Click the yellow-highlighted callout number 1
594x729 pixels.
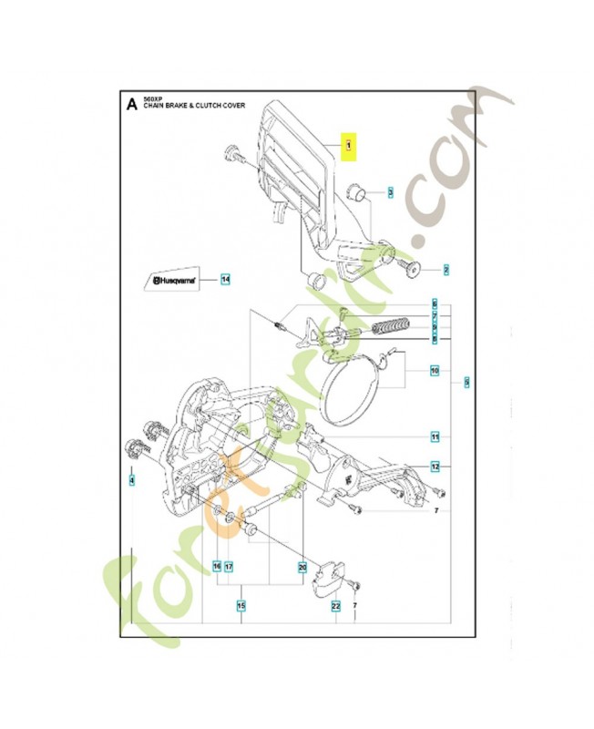tap(346, 147)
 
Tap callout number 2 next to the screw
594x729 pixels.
tap(446, 269)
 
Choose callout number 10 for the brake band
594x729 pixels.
tap(435, 371)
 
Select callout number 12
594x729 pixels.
tap(435, 466)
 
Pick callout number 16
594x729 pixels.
tap(217, 567)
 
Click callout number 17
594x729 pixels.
tap(230, 567)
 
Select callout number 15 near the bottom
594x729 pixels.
tap(241, 606)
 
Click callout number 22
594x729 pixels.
tap(335, 606)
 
